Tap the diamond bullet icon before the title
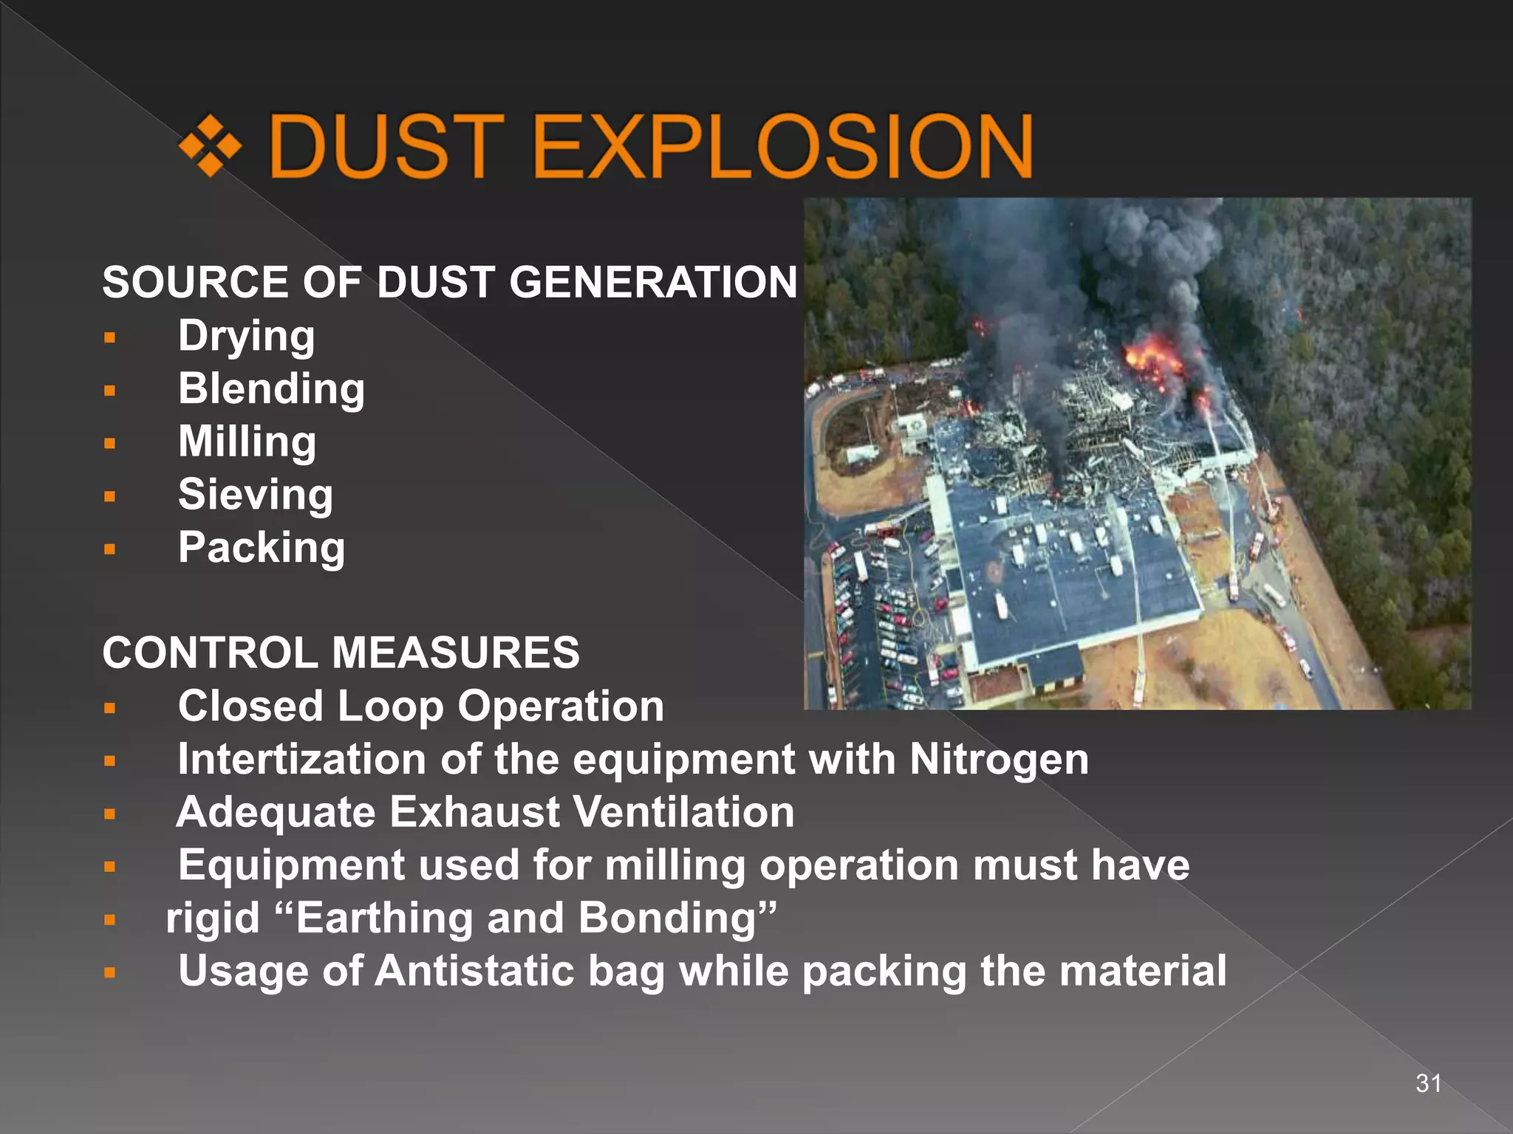(211, 145)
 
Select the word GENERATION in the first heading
(653, 282)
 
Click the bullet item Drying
(247, 337)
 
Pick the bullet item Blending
(271, 389)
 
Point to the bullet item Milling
(247, 442)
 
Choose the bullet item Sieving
(255, 495)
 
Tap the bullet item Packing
(262, 548)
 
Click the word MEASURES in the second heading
(455, 653)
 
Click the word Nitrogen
(999, 760)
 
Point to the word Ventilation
(683, 812)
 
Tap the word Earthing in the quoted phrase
(384, 918)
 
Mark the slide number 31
(1428, 1083)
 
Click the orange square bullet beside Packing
(110, 549)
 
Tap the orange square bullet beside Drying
(110, 338)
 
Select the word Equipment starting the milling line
(291, 865)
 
